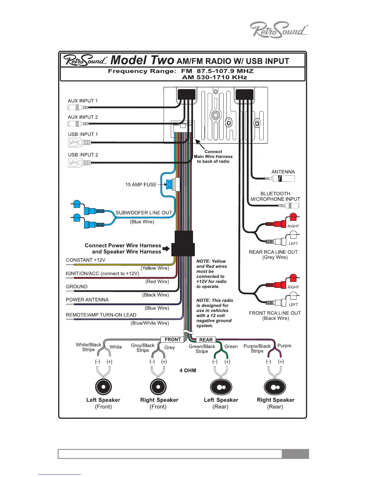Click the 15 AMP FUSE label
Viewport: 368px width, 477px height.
[x=141, y=185]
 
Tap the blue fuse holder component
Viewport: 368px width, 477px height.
[x=172, y=184]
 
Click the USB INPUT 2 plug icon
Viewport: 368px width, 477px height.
[x=79, y=163]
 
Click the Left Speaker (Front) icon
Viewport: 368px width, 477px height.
[x=103, y=387]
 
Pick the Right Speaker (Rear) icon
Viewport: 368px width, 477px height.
[x=275, y=387]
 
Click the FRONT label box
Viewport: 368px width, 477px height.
[x=173, y=340]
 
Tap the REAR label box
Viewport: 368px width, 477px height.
[x=206, y=340]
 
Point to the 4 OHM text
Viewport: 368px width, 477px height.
[x=188, y=370]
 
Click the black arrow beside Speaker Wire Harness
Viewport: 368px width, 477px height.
[x=166, y=249]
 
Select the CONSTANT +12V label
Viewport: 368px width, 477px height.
[x=86, y=260]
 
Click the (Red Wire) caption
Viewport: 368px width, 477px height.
[x=157, y=282]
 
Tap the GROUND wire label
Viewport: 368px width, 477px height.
[x=77, y=287]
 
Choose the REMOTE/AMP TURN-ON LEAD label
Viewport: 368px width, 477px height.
[x=101, y=315]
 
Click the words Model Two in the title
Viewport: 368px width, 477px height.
[x=142, y=60]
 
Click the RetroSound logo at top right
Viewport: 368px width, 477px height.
[x=279, y=30]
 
